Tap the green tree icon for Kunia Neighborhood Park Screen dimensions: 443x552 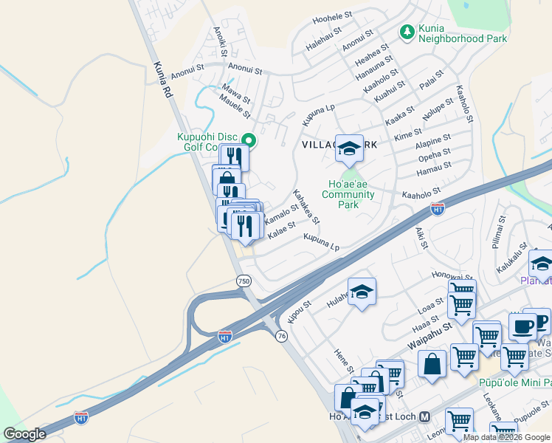click(406, 32)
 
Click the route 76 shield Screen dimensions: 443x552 click(280, 336)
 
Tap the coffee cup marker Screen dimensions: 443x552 click(522, 326)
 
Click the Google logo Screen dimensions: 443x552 click(24, 434)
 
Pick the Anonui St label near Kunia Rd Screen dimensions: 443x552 click(186, 75)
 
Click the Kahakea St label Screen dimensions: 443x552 click(306, 207)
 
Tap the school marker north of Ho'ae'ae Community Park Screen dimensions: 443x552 click(349, 148)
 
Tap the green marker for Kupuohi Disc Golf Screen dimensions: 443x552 click(249, 139)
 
